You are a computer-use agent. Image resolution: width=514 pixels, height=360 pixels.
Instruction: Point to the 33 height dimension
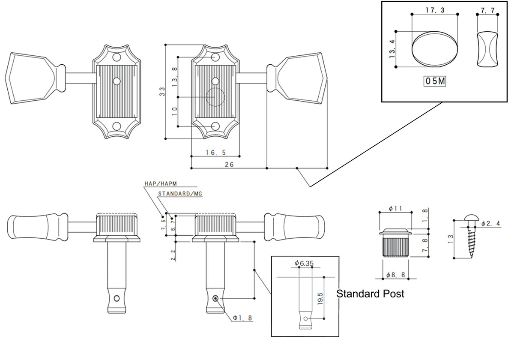(x=162, y=91)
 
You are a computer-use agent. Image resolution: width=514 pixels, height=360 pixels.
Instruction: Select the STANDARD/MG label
(x=179, y=194)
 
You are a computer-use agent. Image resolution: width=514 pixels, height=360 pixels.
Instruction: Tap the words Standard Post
(x=370, y=294)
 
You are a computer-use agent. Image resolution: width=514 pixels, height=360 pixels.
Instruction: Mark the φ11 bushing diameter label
(x=395, y=208)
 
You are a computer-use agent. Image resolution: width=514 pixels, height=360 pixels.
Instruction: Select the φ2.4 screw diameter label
(x=490, y=224)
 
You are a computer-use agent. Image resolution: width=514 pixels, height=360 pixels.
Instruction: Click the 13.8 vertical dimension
(x=174, y=77)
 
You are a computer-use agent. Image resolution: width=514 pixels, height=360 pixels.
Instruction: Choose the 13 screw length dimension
(x=449, y=239)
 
